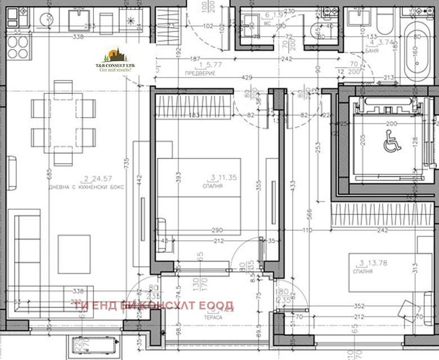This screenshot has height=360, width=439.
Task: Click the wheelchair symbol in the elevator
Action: click(x=392, y=143)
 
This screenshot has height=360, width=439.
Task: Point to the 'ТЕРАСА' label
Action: click(x=213, y=318)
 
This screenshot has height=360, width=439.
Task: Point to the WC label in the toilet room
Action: click(x=268, y=24)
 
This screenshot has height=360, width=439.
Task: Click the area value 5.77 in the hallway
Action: click(x=214, y=65)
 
